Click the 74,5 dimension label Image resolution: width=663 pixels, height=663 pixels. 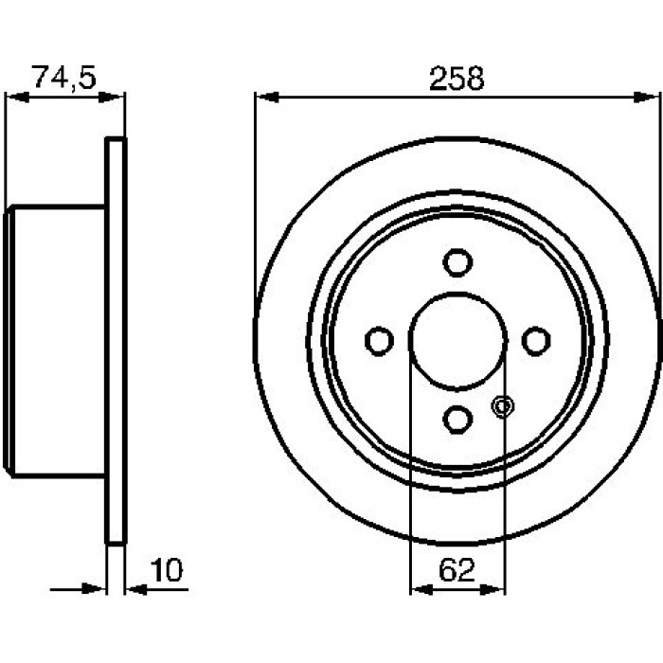click(x=64, y=77)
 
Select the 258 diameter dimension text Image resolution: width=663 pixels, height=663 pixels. click(x=457, y=79)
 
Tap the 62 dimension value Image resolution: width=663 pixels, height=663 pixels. click(x=457, y=570)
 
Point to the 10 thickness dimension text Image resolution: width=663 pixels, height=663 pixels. click(x=167, y=570)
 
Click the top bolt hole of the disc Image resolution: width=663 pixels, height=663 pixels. click(x=457, y=262)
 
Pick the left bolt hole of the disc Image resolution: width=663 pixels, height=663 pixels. click(x=379, y=341)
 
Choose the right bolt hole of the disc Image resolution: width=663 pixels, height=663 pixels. click(x=536, y=341)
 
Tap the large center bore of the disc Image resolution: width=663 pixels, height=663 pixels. click(x=457, y=340)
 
